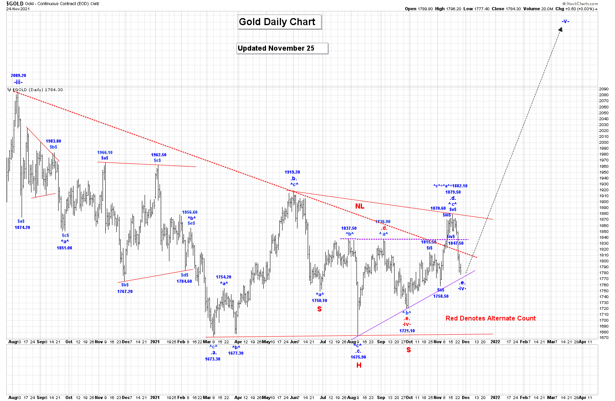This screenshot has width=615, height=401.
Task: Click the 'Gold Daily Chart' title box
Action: click(x=279, y=22)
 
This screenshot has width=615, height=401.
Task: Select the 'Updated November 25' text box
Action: click(x=282, y=48)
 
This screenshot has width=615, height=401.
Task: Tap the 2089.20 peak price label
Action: click(x=18, y=75)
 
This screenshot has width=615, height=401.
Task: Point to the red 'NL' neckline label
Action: click(x=360, y=206)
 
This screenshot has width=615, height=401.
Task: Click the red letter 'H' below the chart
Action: click(x=359, y=365)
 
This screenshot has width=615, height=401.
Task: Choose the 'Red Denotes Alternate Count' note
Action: click(x=490, y=318)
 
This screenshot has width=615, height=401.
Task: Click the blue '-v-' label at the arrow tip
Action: click(x=565, y=21)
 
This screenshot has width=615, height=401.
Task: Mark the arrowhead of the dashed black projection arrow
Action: click(x=560, y=29)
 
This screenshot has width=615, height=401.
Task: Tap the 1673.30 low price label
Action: click(x=213, y=359)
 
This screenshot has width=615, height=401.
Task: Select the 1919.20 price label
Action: click(x=292, y=172)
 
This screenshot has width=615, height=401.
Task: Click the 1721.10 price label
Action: click(x=407, y=331)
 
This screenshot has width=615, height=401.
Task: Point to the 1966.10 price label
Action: click(x=105, y=152)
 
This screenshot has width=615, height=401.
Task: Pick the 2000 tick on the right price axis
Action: click(x=604, y=143)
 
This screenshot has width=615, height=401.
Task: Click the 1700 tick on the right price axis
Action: click(x=604, y=320)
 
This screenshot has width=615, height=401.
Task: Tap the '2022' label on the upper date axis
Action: click(x=495, y=342)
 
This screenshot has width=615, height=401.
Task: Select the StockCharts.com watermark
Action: click(x=582, y=4)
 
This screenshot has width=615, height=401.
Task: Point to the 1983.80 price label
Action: click(x=53, y=141)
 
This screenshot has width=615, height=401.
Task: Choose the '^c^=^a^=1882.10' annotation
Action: click(x=450, y=186)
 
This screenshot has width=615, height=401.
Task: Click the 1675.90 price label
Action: click(x=358, y=357)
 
